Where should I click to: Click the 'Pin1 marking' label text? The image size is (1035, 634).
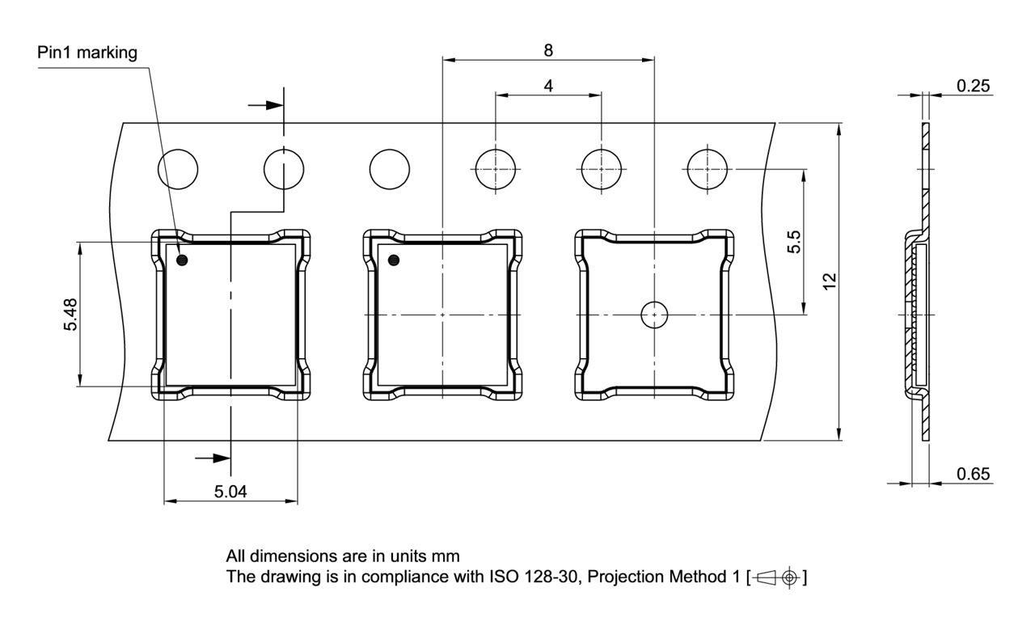click(x=87, y=53)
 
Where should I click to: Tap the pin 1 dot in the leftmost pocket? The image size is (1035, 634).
click(x=183, y=260)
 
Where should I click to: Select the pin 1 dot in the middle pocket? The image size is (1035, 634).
click(x=394, y=260)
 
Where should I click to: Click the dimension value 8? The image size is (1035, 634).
click(x=548, y=50)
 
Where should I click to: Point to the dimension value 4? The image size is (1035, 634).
click(x=549, y=85)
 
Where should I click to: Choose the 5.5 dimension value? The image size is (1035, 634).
click(x=794, y=242)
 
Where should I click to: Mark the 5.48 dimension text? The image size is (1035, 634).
click(x=72, y=314)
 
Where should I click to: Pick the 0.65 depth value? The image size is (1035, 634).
click(x=974, y=474)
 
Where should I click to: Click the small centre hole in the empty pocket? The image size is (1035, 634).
click(x=653, y=314)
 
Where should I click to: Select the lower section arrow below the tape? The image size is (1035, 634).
click(x=212, y=458)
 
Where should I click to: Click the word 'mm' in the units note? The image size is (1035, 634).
click(x=446, y=556)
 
